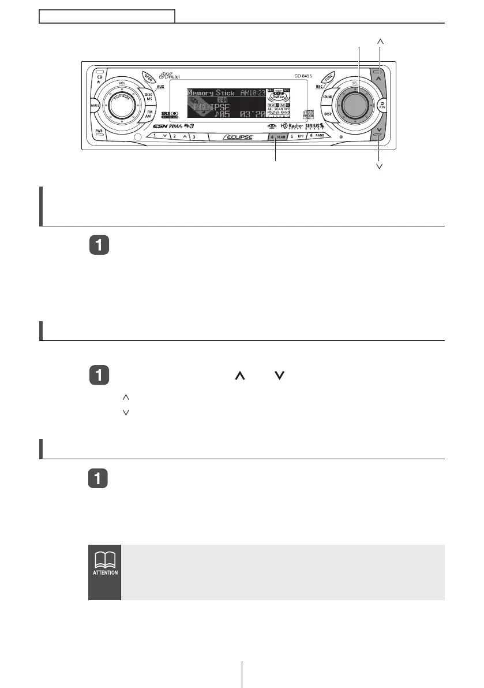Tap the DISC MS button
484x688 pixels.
(x=148, y=96)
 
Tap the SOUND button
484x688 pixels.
(x=327, y=96)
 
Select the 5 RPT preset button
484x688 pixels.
(x=297, y=137)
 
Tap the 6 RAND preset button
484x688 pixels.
(x=317, y=136)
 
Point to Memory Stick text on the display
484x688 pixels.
(x=211, y=93)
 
